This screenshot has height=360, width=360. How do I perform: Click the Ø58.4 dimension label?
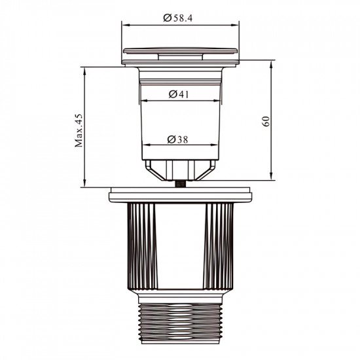click(x=178, y=18)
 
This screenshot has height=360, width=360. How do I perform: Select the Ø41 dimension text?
click(x=179, y=94)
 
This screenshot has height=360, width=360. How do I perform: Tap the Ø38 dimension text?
click(x=177, y=139)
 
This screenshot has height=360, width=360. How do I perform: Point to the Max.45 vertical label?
click(x=79, y=130)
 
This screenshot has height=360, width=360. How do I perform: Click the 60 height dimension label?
click(x=266, y=121)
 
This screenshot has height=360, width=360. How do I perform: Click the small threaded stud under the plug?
click(x=179, y=184)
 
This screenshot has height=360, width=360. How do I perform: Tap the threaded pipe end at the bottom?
click(x=181, y=323)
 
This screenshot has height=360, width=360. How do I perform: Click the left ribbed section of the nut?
click(x=142, y=246)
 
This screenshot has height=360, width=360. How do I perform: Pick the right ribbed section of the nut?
click(x=219, y=246)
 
